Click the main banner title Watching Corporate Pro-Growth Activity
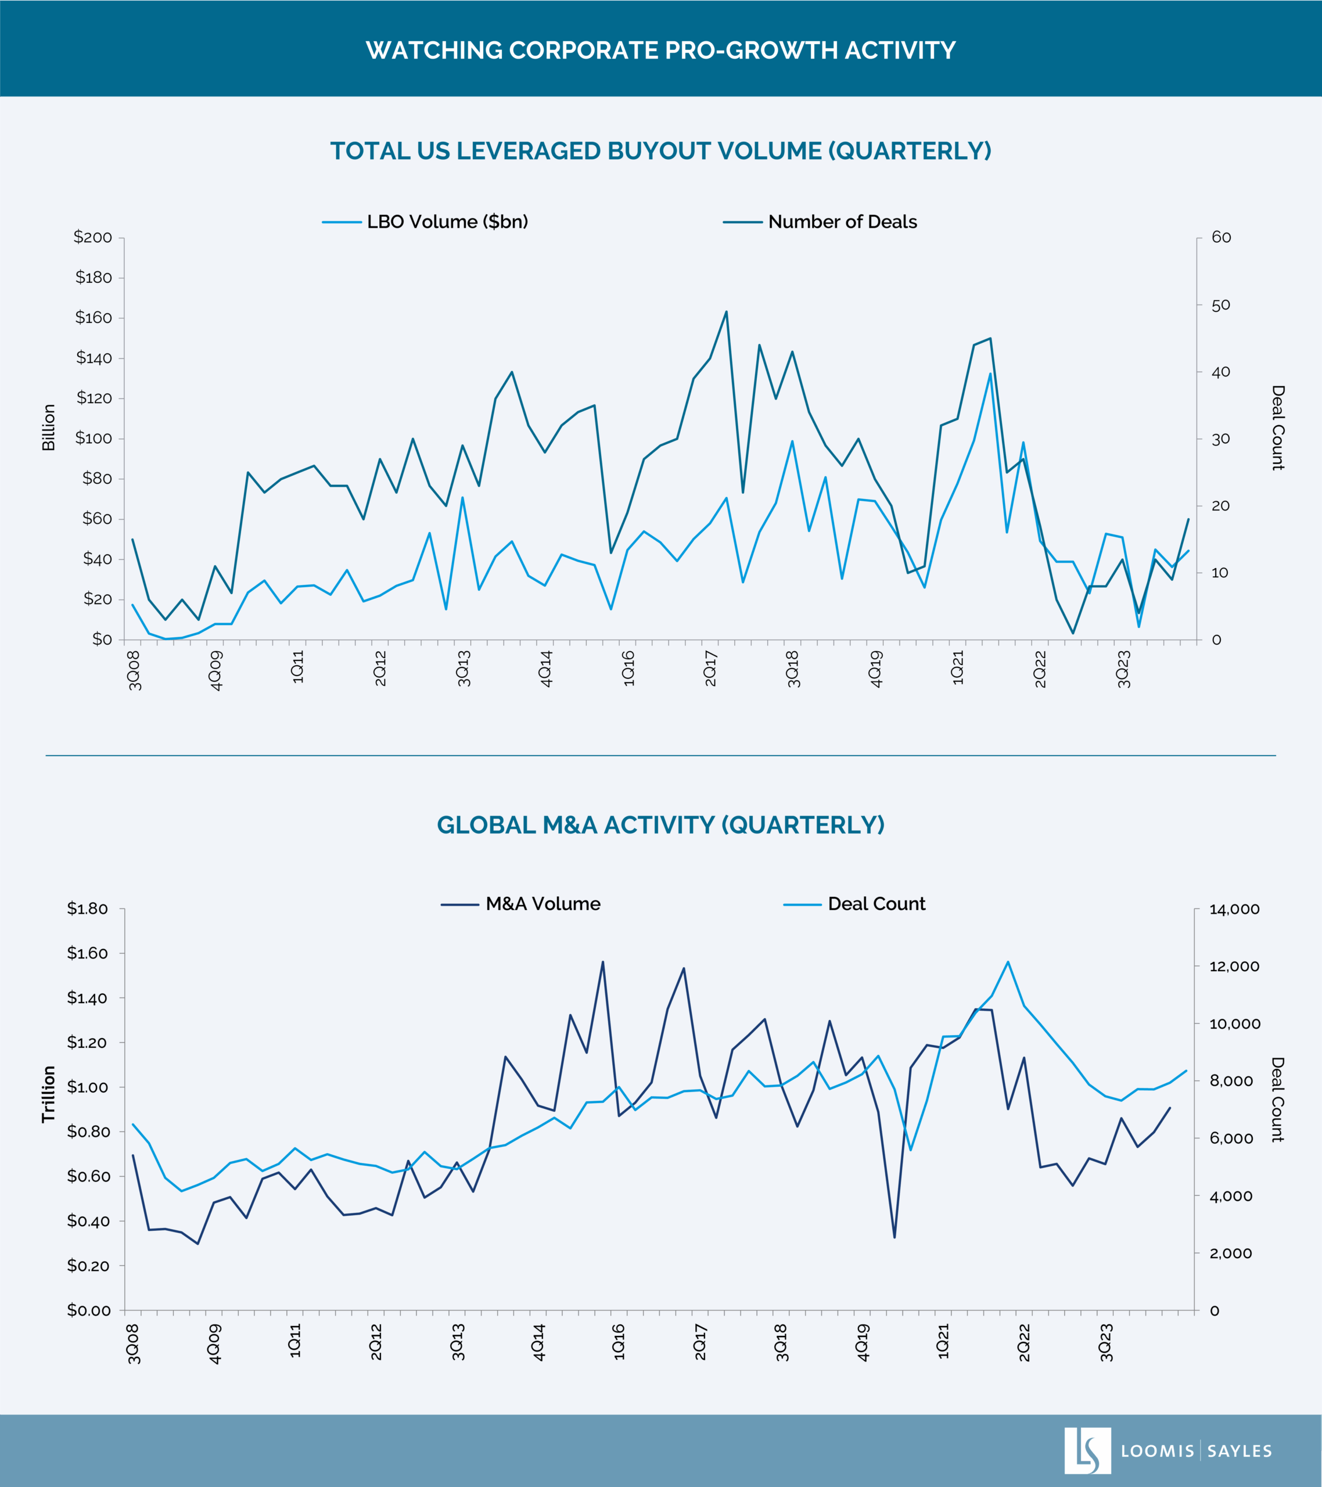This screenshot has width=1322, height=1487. [660, 50]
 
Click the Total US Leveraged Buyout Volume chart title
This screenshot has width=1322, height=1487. [660, 150]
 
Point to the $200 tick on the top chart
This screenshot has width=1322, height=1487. [92, 237]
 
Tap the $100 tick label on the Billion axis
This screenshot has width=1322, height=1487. [92, 438]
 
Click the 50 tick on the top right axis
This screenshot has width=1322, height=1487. [1221, 305]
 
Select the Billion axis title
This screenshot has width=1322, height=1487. [49, 428]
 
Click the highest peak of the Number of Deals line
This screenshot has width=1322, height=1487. [726, 312]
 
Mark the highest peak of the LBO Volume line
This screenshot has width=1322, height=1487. [990, 374]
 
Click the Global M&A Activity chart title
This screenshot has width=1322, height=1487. [660, 825]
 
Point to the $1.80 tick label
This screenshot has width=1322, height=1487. [87, 908]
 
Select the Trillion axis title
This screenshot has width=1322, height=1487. [49, 1094]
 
